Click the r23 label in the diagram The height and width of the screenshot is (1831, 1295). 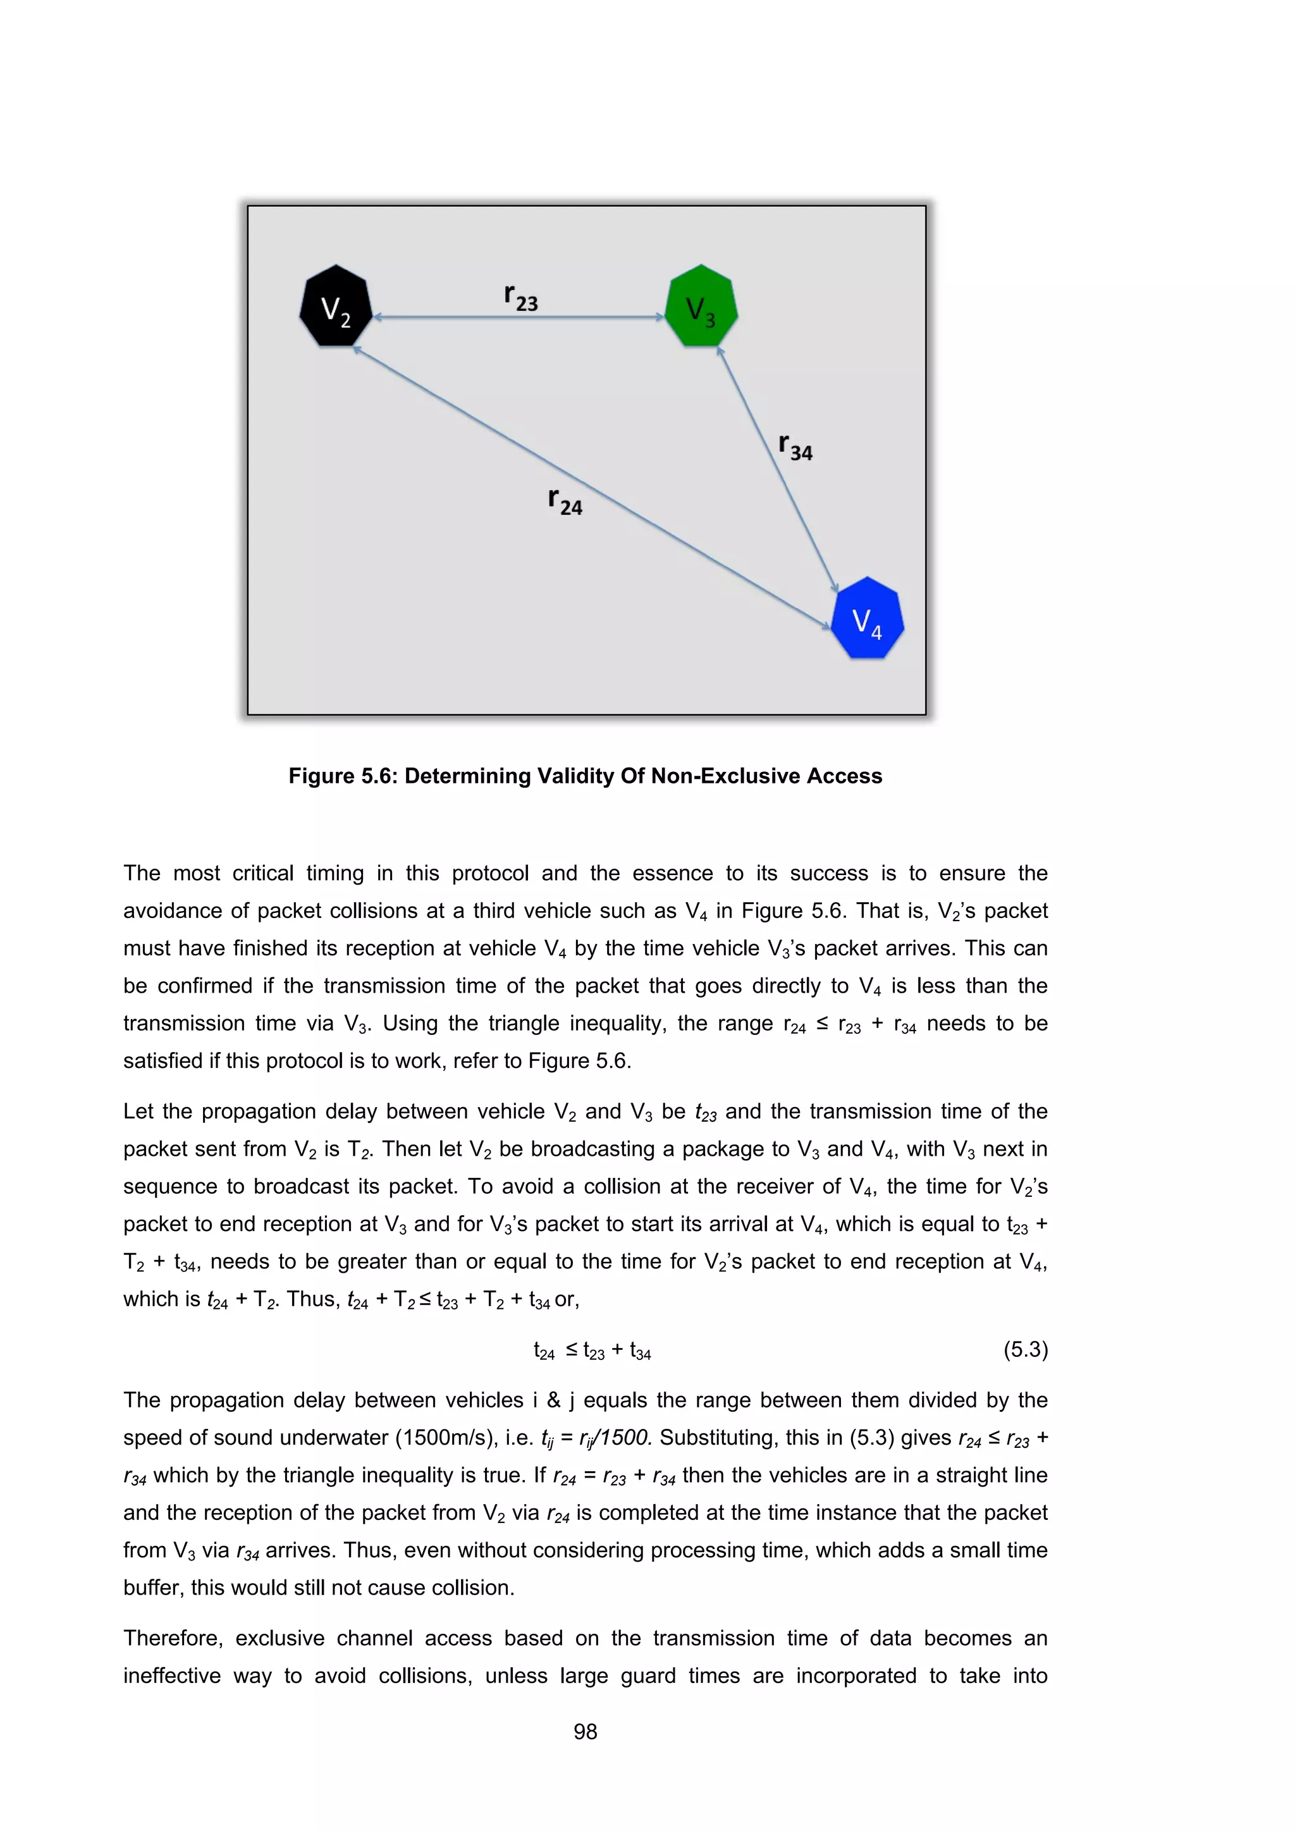point(520,297)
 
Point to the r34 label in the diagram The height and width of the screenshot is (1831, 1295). point(795,448)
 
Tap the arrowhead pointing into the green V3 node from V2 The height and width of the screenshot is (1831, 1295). point(660,317)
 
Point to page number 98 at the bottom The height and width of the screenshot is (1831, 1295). point(586,1731)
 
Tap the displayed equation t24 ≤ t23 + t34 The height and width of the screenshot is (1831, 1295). point(592,1350)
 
